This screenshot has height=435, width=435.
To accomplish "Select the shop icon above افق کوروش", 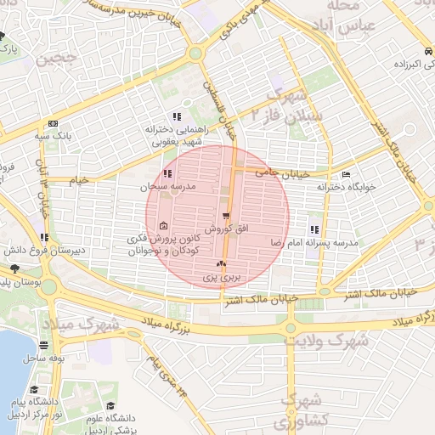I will click(226, 217).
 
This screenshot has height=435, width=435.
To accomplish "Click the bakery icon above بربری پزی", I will click(223, 265).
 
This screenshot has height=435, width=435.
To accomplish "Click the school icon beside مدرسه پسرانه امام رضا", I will click(315, 229).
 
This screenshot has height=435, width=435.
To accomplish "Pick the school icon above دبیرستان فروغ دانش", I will click(44, 237).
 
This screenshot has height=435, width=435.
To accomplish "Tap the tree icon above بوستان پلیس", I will click(14, 268).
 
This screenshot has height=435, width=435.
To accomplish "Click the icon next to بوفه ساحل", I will click(43, 346).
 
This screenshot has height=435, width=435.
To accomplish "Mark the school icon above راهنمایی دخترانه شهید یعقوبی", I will click(177, 116).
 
